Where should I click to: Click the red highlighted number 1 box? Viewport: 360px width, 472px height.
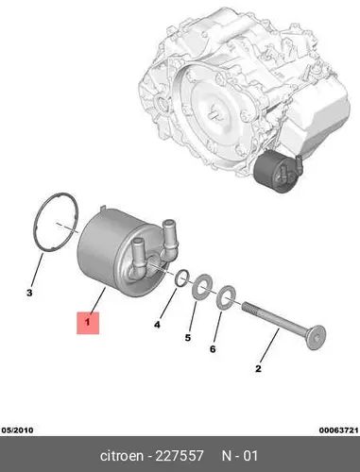pos(88,323)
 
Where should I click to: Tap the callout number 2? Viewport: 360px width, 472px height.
pos(258,368)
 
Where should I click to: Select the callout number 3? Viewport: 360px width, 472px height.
pos(29,293)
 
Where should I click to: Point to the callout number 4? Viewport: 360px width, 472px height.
pos(157,325)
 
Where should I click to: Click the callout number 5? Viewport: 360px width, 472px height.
pos(188,338)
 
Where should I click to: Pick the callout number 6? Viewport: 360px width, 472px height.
pos(213,349)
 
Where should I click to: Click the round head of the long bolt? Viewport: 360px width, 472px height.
pos(316,338)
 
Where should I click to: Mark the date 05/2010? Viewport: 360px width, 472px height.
pos(18,430)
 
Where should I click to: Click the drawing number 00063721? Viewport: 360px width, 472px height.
pos(338,430)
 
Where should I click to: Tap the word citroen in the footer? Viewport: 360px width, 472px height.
pos(122,456)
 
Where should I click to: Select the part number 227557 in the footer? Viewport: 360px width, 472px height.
pos(180,456)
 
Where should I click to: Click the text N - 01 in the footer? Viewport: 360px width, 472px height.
pos(240,456)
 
